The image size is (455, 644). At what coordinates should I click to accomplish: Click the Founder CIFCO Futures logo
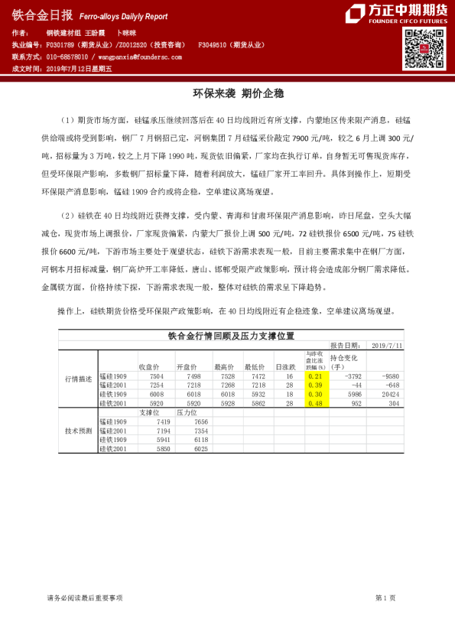click(395, 15)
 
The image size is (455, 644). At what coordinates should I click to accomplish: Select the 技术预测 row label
click(78, 431)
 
